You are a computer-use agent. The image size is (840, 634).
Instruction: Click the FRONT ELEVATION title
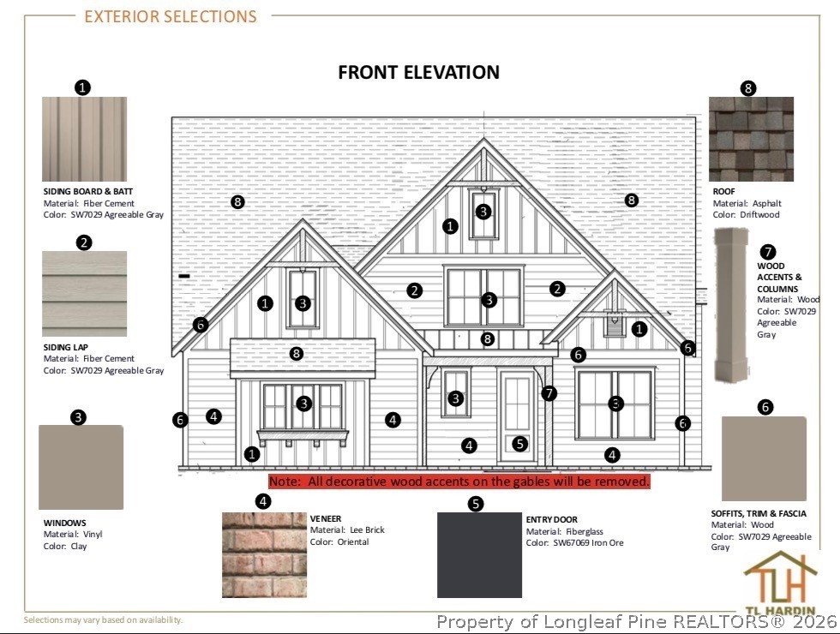pyautogui.click(x=418, y=72)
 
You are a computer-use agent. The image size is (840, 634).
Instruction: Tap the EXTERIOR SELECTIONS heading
pyautogui.click(x=171, y=16)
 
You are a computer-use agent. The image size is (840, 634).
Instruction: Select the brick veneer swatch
pyautogui.click(x=265, y=555)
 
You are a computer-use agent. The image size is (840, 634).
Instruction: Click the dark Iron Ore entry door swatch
pyautogui.click(x=479, y=555)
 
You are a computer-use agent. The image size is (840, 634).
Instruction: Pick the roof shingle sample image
pyautogui.click(x=751, y=139)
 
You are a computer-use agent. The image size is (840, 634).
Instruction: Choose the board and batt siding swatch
pyautogui.click(x=85, y=139)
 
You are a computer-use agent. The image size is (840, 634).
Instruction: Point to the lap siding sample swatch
pyautogui.click(x=85, y=293)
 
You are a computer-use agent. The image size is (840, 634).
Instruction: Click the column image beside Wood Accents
pyautogui.click(x=731, y=305)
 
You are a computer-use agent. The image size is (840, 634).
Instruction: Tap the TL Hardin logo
pyautogui.click(x=780, y=583)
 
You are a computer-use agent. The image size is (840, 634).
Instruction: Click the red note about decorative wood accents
pyautogui.click(x=459, y=481)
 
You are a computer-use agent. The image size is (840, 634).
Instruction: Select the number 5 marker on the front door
pyautogui.click(x=519, y=444)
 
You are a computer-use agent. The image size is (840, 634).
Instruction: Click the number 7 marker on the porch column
pyautogui.click(x=549, y=393)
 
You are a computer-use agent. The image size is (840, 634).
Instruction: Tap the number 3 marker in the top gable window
pyautogui.click(x=483, y=212)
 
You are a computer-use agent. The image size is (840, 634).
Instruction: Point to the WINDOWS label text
pyautogui.click(x=65, y=523)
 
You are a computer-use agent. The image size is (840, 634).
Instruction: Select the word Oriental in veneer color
pyautogui.click(x=353, y=541)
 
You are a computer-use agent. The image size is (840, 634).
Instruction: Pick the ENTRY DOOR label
pyautogui.click(x=552, y=519)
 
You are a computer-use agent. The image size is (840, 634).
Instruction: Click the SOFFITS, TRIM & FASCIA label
pyautogui.click(x=759, y=513)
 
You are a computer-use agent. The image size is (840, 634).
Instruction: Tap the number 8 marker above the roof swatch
pyautogui.click(x=747, y=88)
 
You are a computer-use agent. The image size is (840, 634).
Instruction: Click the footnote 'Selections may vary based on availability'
pyautogui.click(x=103, y=619)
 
